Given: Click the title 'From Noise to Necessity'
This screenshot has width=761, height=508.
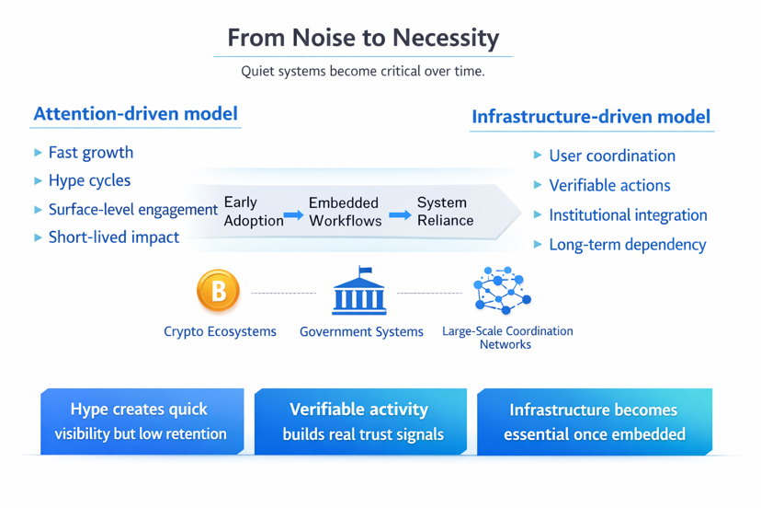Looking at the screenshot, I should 363,38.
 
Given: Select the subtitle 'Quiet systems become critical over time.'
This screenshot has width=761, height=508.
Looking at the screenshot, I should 362,71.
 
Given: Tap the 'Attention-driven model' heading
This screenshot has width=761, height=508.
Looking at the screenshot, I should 135,114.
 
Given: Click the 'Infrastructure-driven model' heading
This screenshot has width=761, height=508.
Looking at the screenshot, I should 590,117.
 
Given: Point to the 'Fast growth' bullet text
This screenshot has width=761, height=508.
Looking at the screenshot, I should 90,153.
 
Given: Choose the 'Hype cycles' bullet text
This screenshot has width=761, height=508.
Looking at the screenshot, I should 89,180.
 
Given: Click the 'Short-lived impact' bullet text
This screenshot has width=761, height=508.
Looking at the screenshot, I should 113,237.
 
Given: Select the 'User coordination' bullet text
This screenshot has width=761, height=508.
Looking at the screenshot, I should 611,156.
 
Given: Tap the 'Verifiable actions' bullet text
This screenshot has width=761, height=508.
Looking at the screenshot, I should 609,186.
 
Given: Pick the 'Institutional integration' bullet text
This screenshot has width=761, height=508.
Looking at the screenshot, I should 628,215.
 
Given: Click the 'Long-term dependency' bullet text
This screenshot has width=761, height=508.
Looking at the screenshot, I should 627,245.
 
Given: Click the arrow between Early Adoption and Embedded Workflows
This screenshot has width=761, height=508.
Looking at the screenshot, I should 294,215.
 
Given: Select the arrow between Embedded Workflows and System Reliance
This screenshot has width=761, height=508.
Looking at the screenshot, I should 400,215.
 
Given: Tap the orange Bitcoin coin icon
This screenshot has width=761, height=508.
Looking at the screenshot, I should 219,291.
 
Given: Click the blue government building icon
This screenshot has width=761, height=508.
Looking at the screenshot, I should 359,292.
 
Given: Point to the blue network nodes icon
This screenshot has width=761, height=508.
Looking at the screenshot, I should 502,291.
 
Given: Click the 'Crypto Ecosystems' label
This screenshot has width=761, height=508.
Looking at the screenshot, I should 220,332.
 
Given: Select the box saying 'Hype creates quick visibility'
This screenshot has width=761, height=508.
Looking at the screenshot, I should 141,421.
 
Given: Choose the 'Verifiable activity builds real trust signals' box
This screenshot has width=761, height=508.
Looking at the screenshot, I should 359,421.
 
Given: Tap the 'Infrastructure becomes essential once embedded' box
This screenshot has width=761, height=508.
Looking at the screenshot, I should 594,421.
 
